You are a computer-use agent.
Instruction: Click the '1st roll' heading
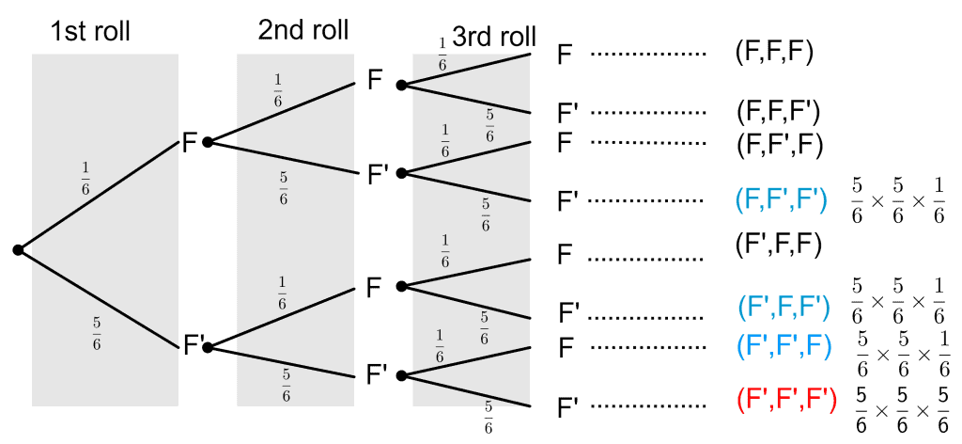(x=90, y=31)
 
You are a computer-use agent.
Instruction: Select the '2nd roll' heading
(x=303, y=30)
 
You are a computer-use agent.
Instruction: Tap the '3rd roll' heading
(x=494, y=38)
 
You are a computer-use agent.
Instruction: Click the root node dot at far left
(x=17, y=249)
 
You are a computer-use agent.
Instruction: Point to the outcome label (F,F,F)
(x=774, y=52)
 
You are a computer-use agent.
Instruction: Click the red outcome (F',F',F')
(x=785, y=404)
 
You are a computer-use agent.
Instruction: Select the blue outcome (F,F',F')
(x=781, y=199)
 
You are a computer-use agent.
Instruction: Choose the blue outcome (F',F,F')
(x=784, y=306)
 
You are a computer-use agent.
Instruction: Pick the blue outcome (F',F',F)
(x=784, y=346)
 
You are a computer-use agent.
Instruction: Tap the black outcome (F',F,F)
(x=779, y=246)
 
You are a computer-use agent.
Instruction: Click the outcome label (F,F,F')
(x=779, y=113)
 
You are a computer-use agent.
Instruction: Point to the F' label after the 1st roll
(x=192, y=348)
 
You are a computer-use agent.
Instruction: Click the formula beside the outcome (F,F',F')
(x=897, y=199)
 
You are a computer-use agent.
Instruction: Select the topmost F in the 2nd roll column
(x=375, y=82)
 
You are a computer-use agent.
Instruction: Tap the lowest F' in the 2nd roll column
(x=378, y=376)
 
